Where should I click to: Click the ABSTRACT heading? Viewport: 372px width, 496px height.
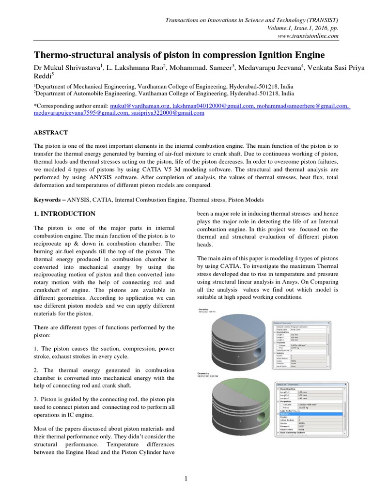tap(50, 132)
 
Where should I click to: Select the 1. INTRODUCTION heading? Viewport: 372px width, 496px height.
tap(64, 214)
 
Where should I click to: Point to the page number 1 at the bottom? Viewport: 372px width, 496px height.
tap(186, 479)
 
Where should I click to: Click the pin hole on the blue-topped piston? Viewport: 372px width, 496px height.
tap(261, 349)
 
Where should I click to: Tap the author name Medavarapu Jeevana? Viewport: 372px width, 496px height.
tap(271, 67)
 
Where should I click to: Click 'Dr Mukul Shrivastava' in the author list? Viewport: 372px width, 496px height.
tap(66, 67)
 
